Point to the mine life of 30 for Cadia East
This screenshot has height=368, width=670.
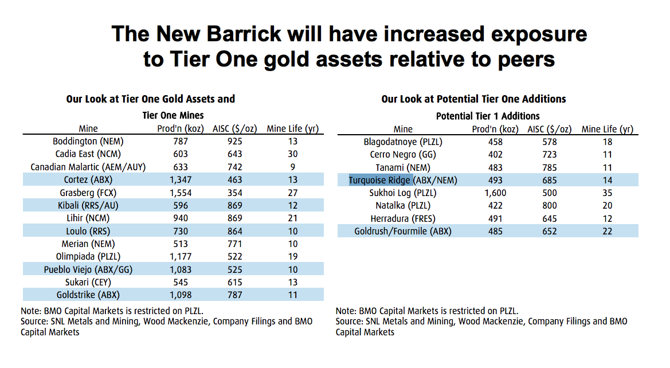tap(292, 154)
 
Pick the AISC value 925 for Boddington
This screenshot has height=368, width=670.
tap(234, 141)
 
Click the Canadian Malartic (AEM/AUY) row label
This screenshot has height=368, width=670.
tap(88, 167)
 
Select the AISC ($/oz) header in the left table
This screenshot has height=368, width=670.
tap(234, 128)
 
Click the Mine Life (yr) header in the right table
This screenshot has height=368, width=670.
tap(607, 129)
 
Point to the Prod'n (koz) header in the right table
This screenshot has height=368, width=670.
tap(496, 129)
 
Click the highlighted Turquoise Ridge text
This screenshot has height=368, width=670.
tap(380, 180)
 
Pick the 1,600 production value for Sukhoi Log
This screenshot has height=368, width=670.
tap(496, 193)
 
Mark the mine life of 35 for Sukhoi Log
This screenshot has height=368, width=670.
tap(607, 193)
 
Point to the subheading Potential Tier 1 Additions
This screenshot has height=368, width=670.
tap(488, 116)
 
